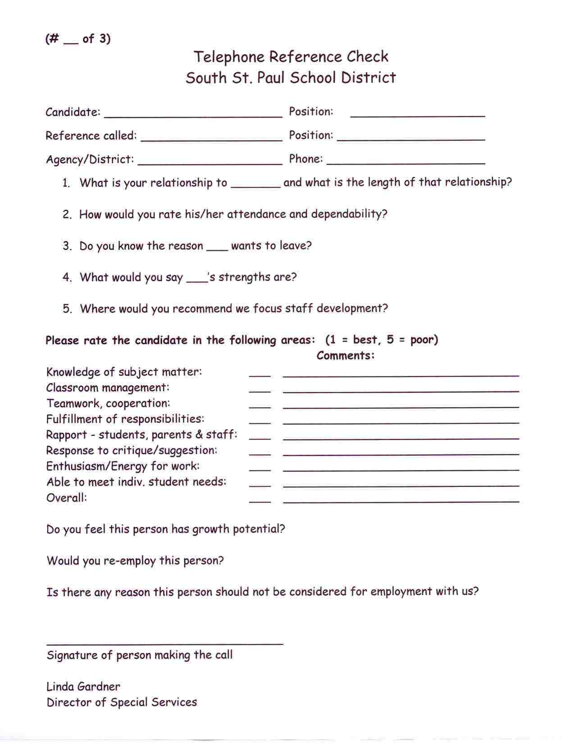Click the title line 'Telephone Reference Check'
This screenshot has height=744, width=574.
pos(291,57)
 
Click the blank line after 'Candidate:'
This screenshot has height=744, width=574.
pos(193,116)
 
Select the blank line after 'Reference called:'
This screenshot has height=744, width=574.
pos(211,140)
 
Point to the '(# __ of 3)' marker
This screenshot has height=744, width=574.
pos(78,39)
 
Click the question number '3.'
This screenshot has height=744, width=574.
pos(67,246)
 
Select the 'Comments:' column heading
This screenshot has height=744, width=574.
pos(346,356)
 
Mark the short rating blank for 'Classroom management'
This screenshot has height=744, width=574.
pos(260,391)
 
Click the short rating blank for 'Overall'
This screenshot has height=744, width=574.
pos(260,501)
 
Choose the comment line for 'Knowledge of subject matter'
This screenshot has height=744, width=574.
pos(401,375)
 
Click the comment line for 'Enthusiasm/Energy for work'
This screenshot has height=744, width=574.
pos(401,470)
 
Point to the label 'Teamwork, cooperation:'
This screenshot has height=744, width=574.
pos(108,404)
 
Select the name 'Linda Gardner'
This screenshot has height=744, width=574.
pos(83,687)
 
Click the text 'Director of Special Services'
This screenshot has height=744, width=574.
pos(122,703)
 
